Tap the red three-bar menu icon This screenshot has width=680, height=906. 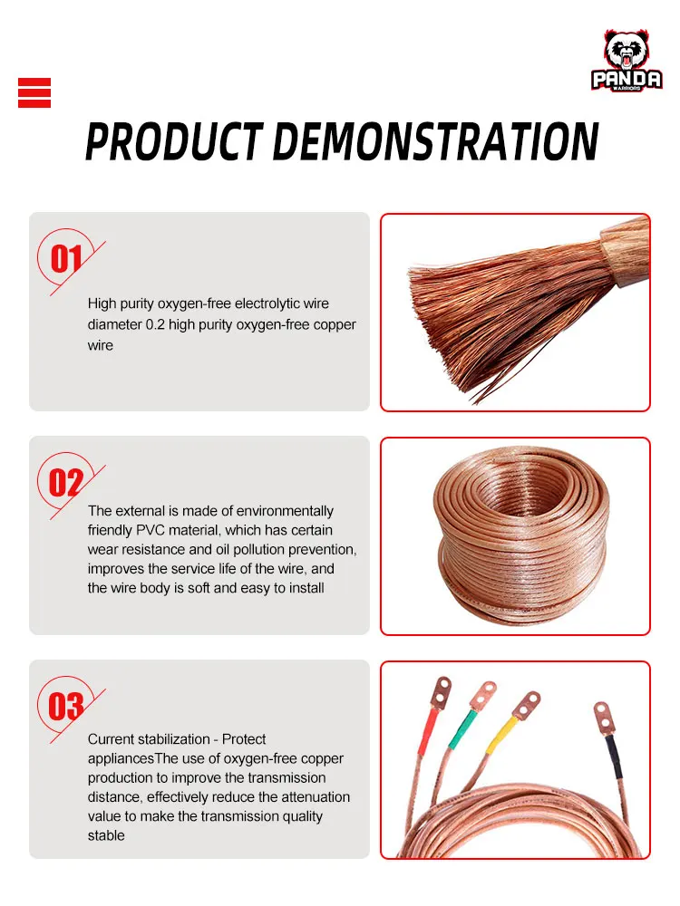pos(34,93)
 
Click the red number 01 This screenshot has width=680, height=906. pos(66,259)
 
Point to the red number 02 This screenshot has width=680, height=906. pos(66,483)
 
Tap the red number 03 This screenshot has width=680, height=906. pos(66,707)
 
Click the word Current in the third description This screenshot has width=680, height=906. pos(111,739)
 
